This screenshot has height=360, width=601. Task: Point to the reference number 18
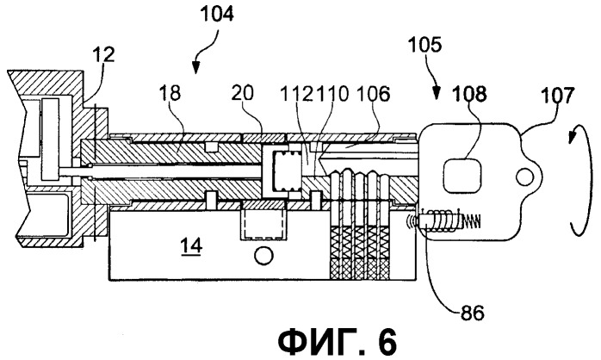170,95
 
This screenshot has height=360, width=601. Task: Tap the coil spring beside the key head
442,223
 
